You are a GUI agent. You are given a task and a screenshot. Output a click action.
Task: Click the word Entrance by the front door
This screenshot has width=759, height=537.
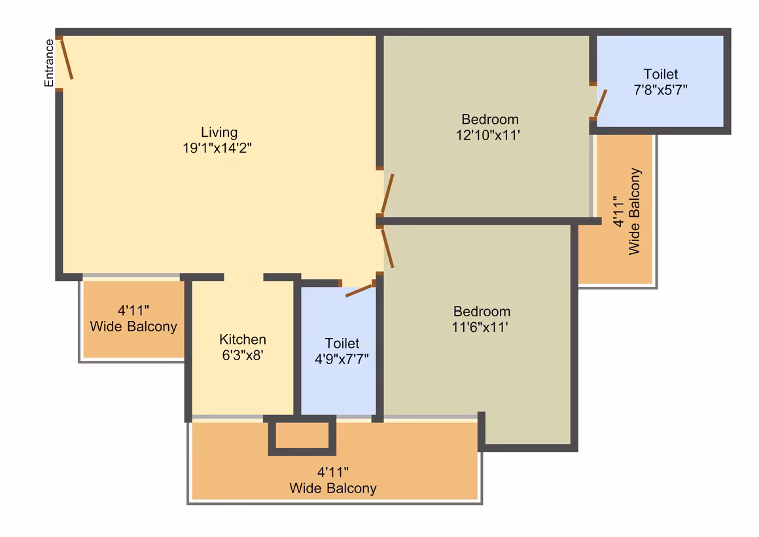click(x=49, y=63)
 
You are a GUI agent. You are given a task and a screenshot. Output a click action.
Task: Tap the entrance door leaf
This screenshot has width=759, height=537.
click(x=67, y=59)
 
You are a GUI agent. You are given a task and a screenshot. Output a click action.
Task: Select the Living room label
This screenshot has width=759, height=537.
click(x=219, y=132)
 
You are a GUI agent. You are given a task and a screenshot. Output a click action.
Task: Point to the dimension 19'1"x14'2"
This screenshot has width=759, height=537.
click(x=217, y=148)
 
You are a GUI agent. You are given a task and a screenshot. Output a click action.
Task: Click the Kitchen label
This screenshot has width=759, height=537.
click(x=243, y=339)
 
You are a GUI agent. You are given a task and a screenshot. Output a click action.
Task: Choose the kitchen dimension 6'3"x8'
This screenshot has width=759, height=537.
click(x=243, y=355)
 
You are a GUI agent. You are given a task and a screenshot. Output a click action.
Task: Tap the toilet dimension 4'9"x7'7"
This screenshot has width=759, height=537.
click(x=342, y=359)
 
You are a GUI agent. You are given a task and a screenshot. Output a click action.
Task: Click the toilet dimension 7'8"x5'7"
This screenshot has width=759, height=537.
click(x=661, y=90)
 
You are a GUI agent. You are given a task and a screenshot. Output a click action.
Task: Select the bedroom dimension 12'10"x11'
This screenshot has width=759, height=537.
click(x=488, y=135)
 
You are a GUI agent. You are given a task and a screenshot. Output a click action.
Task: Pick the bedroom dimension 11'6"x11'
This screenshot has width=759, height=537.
click(x=480, y=327)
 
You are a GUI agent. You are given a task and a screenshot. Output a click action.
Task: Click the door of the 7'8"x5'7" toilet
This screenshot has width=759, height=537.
click(x=601, y=103)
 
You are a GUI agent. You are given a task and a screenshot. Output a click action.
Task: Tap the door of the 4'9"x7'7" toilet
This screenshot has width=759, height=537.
click(x=359, y=291)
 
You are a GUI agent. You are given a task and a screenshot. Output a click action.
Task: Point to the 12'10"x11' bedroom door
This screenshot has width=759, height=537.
click(x=387, y=194)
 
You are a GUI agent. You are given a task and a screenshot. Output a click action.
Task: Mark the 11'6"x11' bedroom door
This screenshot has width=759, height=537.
click(x=387, y=249)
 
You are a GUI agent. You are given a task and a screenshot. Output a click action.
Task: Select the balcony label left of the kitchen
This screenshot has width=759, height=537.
click(x=133, y=318)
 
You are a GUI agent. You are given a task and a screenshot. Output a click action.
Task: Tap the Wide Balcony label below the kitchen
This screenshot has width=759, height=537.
click(x=333, y=480)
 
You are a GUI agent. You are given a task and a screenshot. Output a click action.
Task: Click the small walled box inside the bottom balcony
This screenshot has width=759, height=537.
click(x=302, y=435)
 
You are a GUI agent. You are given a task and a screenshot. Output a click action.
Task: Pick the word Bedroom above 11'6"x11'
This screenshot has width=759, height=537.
click(x=482, y=311)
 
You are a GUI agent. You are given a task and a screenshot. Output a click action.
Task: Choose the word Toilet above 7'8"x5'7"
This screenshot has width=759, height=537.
click(x=661, y=74)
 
